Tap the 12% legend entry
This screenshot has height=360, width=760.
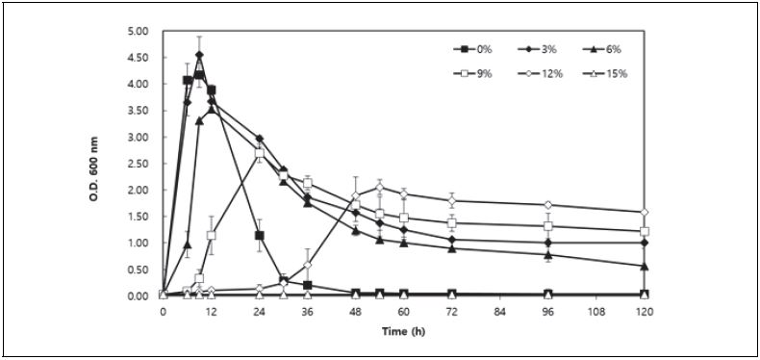coord(545,74)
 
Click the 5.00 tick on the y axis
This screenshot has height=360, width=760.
coord(138,31)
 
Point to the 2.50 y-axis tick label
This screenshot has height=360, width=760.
coord(138,164)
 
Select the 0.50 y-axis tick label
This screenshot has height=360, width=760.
coord(138,270)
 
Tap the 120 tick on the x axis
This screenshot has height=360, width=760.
coord(644,313)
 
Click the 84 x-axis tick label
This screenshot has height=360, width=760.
coord(499,313)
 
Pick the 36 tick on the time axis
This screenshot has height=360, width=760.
coord(307,313)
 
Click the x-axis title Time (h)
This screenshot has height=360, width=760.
coord(402,332)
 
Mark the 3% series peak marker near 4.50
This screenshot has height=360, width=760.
coord(199,55)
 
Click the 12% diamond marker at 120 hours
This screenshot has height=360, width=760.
coord(644,212)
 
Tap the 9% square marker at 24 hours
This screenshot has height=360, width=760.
coord(259,153)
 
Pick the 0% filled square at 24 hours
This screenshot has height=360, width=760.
coord(259,235)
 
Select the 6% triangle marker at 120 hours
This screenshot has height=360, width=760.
coord(644,266)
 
